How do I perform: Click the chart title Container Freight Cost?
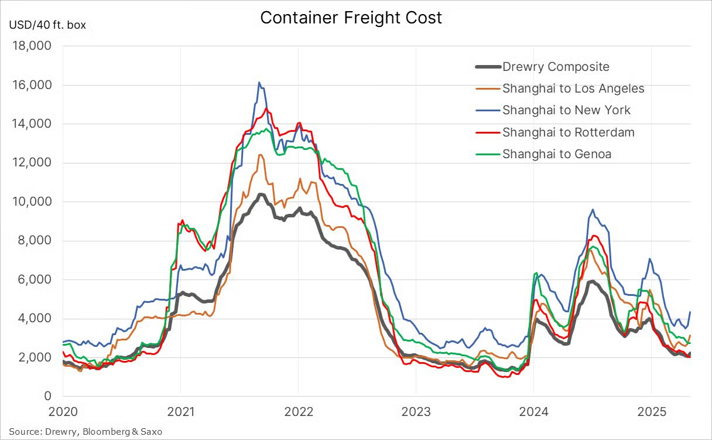pos(351,18)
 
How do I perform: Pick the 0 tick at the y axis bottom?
pos(48,397)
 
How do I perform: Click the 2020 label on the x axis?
pos(63,412)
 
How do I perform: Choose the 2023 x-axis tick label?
pos(415,412)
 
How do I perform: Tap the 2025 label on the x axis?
pos(651,412)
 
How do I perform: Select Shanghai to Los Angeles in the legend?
pos(573,88)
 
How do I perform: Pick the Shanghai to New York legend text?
pos(566,110)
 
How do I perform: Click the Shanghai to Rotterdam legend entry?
pos(568,132)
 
